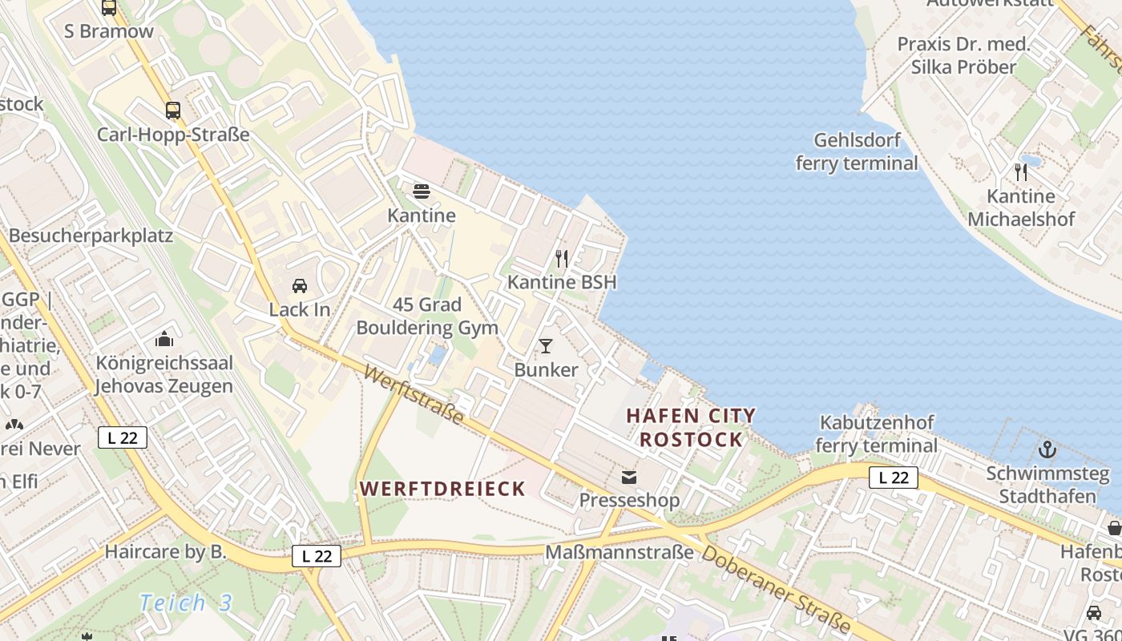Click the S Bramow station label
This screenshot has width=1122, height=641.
point(109,32)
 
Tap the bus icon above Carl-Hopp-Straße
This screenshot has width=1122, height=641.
point(173,111)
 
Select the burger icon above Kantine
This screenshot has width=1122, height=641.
point(422,191)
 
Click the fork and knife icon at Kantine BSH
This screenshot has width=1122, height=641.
point(562,259)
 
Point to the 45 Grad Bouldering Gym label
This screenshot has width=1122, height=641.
point(427,316)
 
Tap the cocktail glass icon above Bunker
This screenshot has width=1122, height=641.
point(546,346)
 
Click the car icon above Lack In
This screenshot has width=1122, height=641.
point(300,286)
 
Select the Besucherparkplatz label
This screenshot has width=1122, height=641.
point(91,236)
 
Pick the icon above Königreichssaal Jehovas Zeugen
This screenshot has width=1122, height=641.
point(164,339)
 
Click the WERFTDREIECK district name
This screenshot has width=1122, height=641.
point(442,488)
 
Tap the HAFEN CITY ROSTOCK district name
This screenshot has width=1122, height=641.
point(691,427)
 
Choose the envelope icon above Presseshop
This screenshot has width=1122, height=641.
point(629,478)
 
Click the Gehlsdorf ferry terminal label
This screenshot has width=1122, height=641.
point(857,151)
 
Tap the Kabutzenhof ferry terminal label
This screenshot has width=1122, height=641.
point(876,433)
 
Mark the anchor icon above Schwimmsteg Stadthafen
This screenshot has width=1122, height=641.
point(1047,449)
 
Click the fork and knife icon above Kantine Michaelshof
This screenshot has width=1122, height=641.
point(1021,172)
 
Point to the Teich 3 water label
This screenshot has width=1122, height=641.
point(185,603)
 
